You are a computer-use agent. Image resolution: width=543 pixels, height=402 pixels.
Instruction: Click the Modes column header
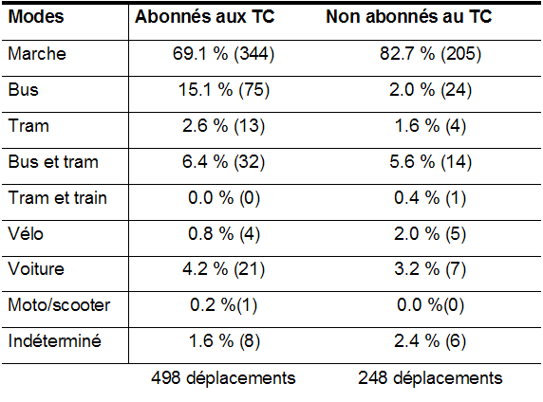[x=36, y=16]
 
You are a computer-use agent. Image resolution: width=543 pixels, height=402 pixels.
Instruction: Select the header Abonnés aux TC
[x=205, y=16]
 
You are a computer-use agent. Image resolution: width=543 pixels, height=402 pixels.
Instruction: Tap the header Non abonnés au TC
[x=409, y=16]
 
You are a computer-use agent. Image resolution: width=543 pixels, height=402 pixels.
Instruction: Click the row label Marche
[x=37, y=54]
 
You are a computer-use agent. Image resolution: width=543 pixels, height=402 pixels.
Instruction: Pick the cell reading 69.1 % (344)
[x=223, y=54]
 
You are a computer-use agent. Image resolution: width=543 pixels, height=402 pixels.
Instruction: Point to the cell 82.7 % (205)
[x=430, y=54]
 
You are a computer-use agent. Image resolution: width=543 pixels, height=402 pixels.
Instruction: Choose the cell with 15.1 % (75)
[x=224, y=90]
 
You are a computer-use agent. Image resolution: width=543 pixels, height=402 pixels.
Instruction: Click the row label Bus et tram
[x=53, y=162]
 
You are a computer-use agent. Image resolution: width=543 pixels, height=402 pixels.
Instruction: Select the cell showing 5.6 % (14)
[x=430, y=162]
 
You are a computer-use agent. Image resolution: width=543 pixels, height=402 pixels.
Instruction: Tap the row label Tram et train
[x=58, y=198]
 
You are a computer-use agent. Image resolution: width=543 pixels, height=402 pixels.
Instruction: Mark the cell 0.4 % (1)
[x=430, y=198]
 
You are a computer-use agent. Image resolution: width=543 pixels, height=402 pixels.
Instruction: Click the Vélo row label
[x=26, y=233]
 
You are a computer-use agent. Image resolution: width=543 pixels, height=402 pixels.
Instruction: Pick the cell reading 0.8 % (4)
[x=224, y=233]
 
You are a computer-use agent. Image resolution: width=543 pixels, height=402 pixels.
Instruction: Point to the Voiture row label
[x=36, y=269]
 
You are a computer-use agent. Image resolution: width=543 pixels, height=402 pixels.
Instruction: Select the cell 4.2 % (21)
[x=224, y=269]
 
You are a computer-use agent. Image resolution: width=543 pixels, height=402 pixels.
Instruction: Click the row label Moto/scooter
[x=59, y=305]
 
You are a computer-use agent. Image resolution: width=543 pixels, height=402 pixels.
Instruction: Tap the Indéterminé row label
[x=55, y=340]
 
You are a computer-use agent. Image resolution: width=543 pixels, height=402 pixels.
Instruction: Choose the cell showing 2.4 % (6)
[x=430, y=340]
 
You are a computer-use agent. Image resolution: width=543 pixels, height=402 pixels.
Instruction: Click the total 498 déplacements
[x=223, y=377]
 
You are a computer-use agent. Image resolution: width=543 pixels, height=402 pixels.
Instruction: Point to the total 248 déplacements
[x=430, y=377]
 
